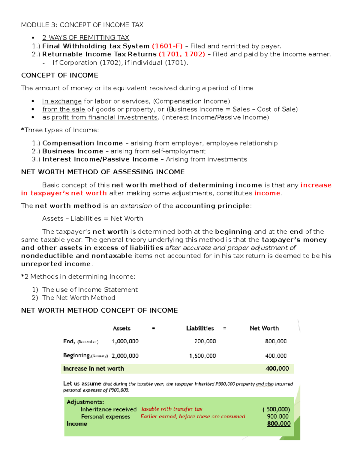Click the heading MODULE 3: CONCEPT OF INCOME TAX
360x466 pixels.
(82, 25)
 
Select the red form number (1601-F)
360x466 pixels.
(167, 46)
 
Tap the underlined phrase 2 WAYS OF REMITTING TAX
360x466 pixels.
(85, 38)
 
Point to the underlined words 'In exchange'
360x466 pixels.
(62, 101)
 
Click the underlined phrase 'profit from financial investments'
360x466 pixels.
(104, 117)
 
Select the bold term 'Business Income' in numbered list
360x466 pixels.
(73, 151)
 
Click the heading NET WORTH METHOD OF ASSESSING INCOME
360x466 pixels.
(103, 172)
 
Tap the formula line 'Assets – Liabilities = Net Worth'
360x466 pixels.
(92, 219)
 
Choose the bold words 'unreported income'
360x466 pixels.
(56, 264)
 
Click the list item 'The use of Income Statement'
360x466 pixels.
(90, 290)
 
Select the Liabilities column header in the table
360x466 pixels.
(200, 329)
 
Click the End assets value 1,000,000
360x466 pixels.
(125, 341)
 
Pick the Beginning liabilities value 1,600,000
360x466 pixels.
(202, 356)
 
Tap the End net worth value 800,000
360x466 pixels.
(276, 341)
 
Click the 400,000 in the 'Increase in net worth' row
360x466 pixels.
(277, 369)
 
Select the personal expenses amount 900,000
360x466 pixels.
(277, 417)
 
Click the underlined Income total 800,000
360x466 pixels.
(279, 424)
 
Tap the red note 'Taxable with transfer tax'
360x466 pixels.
(172, 409)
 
